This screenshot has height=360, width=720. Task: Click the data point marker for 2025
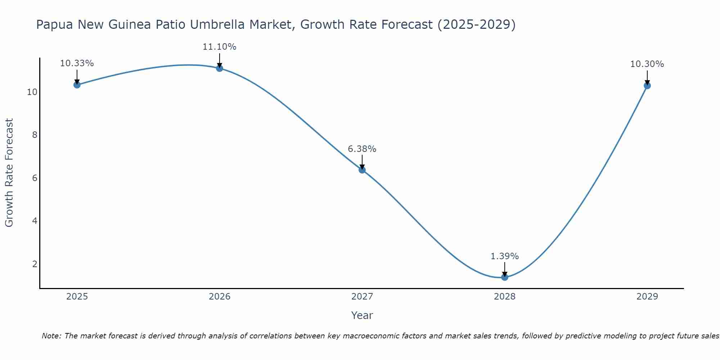coord(77,85)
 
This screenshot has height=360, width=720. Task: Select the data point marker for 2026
coord(219,68)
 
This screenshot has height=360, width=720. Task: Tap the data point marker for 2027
coord(362,170)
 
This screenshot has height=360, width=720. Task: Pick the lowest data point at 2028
coord(505,277)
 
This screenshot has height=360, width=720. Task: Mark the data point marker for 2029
coord(647,86)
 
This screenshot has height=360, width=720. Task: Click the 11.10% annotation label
coord(219,47)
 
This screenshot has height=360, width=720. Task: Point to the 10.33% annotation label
coord(77,63)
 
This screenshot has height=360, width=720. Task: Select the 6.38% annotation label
coord(362,149)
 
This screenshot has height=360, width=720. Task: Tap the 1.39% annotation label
coord(505,256)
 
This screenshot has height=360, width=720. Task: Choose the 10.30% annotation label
coord(647,64)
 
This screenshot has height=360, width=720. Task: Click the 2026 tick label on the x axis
coord(220,297)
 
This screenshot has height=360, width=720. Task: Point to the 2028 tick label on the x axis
coord(505,297)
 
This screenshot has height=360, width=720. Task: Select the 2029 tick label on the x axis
coord(647,297)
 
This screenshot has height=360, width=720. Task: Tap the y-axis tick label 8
coord(35,135)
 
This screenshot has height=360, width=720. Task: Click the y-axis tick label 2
coord(35,264)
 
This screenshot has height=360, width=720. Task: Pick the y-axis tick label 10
coord(32,92)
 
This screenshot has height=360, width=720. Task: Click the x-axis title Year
coord(362,315)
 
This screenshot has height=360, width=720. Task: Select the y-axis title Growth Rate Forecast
coord(9,173)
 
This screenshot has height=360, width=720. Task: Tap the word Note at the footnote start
coord(52,336)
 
